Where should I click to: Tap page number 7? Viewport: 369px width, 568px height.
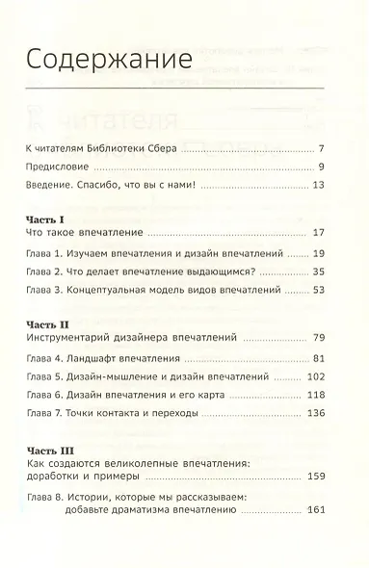[x=330, y=151]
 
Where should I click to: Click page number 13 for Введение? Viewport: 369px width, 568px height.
[x=328, y=185]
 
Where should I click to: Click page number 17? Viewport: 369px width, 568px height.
[x=328, y=234]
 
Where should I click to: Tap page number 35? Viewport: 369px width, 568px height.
[x=328, y=271]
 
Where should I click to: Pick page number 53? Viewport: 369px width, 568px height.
[x=328, y=289]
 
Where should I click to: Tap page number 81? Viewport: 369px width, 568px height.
[x=328, y=359]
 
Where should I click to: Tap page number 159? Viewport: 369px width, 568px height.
[x=325, y=477]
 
